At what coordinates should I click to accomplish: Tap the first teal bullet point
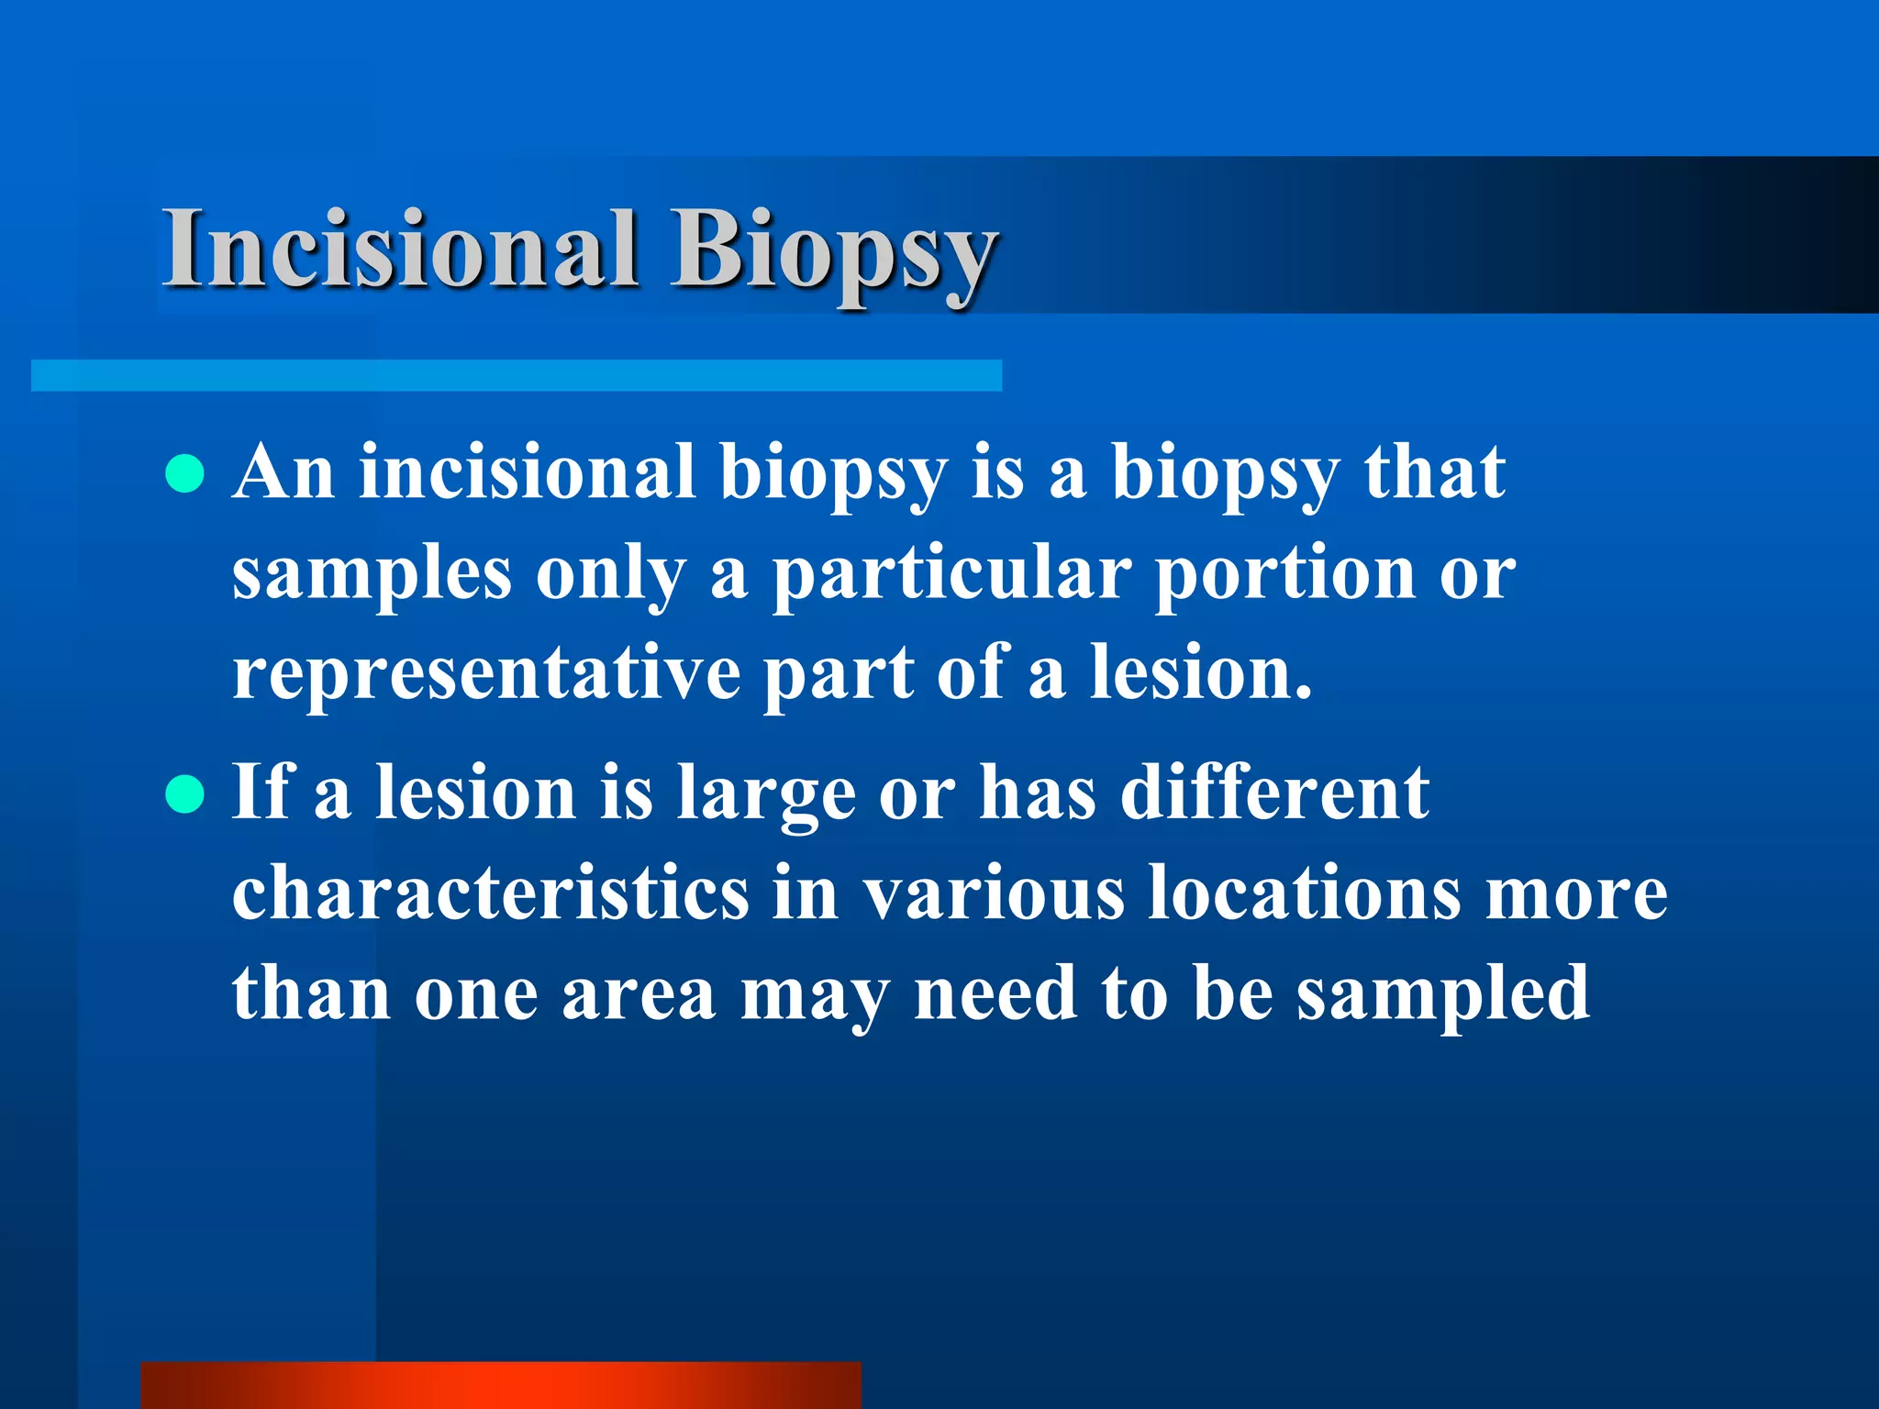point(185,474)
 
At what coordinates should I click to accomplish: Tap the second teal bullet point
point(185,794)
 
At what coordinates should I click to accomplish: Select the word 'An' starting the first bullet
point(283,473)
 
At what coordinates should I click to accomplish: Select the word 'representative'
point(486,674)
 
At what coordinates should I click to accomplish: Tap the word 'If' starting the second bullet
point(261,793)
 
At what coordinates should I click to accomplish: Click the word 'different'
point(1273,793)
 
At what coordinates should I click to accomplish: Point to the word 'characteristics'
point(491,893)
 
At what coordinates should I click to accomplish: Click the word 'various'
point(995,893)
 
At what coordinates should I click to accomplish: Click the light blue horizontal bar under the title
point(516,376)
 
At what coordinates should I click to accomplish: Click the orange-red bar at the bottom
point(501,1385)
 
